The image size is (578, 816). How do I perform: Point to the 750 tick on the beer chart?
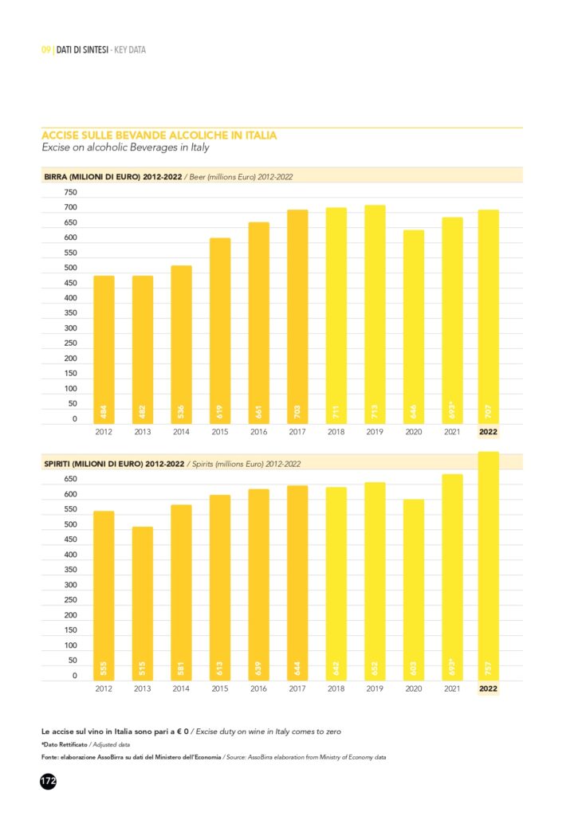point(70,193)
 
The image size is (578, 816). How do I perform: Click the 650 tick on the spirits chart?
point(70,480)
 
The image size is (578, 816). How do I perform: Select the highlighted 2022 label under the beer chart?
point(488,432)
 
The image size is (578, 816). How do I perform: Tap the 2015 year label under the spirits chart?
point(220,688)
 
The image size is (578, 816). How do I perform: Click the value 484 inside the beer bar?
point(104,412)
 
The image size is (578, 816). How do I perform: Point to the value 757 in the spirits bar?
point(488,668)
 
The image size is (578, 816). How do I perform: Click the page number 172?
point(48,782)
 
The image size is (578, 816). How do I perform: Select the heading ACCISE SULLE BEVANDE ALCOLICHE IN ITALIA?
point(159,135)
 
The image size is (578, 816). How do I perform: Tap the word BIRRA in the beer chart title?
point(57,176)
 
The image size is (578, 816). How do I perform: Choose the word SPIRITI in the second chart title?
point(59,463)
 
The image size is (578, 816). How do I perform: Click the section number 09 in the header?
point(45,50)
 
